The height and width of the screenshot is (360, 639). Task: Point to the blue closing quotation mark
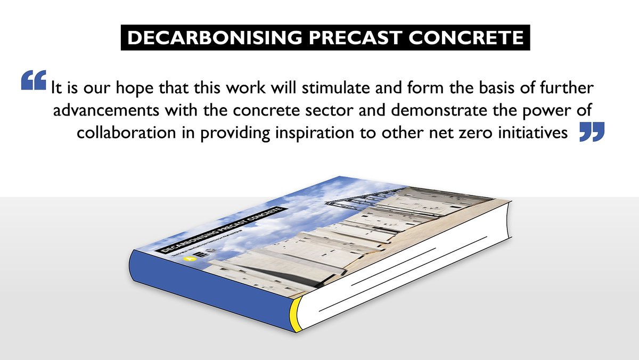tap(592, 132)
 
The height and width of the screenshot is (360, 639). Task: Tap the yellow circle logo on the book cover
tap(187, 259)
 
